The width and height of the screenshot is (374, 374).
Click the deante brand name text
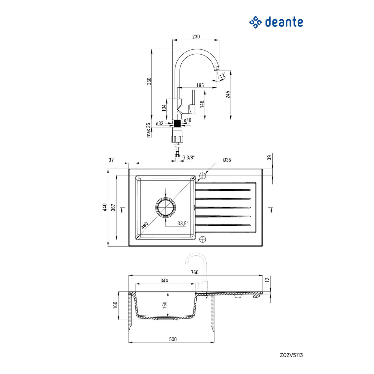point(284,22)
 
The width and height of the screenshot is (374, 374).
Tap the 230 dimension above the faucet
point(196,36)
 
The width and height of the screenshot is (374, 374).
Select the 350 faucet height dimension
point(149,81)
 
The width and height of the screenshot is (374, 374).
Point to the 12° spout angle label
point(223,75)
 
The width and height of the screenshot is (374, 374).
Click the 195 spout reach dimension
point(200,85)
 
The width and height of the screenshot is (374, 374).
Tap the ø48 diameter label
point(188,120)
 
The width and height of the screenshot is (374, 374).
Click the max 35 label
point(148,130)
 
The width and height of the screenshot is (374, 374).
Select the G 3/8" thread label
point(188,157)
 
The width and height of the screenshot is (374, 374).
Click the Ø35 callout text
point(227,160)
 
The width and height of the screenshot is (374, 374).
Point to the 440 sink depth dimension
point(105,207)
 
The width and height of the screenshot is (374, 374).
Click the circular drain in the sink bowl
point(165,207)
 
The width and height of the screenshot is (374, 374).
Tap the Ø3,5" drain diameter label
point(183,223)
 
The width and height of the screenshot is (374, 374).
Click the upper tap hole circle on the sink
point(203,176)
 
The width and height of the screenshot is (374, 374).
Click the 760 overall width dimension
point(194,272)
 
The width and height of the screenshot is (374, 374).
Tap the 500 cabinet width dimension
point(173,339)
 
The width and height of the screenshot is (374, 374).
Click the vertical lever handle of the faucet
point(194,98)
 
